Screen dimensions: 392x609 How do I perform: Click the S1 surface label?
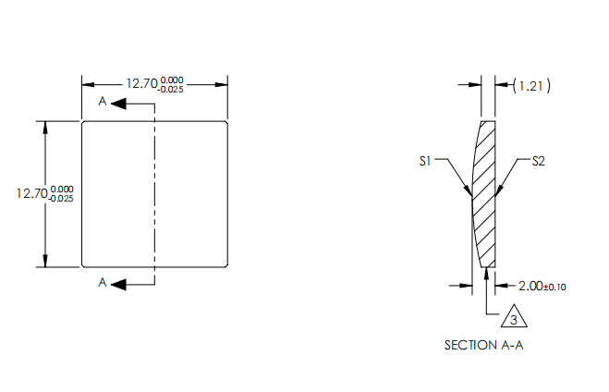(425, 161)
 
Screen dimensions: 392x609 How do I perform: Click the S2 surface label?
(539, 161)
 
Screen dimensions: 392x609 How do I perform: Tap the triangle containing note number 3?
(514, 319)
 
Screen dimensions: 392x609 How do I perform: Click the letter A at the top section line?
(102, 103)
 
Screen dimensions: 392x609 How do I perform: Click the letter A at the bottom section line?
(102, 283)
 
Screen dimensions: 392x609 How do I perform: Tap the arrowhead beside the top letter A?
(117, 104)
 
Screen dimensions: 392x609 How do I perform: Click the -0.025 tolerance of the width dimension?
(169, 90)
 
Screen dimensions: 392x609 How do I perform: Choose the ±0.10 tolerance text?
(555, 287)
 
